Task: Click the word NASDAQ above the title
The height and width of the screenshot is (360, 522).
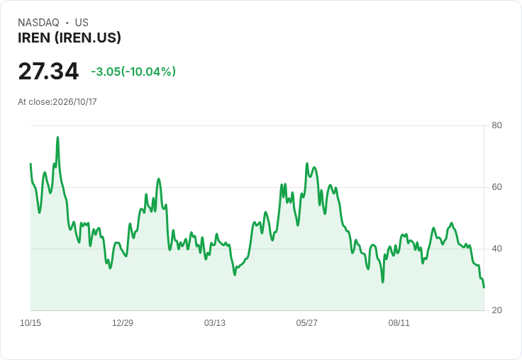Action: coord(38,23)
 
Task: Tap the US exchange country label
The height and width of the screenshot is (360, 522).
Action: coord(82,23)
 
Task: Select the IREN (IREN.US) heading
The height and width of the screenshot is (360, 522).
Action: coord(70,38)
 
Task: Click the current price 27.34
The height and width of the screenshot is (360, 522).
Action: coord(48,71)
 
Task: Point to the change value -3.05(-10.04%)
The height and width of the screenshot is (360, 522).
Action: coord(133,72)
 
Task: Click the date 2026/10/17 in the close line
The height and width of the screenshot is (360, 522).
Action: coord(74,102)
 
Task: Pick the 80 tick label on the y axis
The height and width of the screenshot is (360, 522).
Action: coord(496,125)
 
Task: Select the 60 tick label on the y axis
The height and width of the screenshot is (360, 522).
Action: coord(496,187)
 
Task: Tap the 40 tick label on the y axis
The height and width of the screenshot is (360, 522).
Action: coord(496,249)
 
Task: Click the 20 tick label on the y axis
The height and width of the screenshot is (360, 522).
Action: coord(496,310)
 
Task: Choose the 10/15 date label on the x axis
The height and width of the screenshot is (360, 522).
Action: coord(30,322)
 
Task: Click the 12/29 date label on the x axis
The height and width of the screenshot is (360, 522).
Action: coord(123,322)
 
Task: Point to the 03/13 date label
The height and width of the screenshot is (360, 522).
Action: coord(215,322)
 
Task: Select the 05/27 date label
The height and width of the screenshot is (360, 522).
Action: coord(306,322)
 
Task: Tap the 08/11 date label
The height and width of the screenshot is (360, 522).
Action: coord(399,322)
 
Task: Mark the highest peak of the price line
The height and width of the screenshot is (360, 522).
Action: coord(57,137)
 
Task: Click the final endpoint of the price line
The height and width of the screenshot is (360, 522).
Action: coord(484,288)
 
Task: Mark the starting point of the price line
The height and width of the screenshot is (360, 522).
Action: coord(30,164)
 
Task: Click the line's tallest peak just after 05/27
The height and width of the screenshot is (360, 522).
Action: coord(307,164)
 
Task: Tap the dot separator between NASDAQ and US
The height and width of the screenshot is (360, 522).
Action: coord(67,23)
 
